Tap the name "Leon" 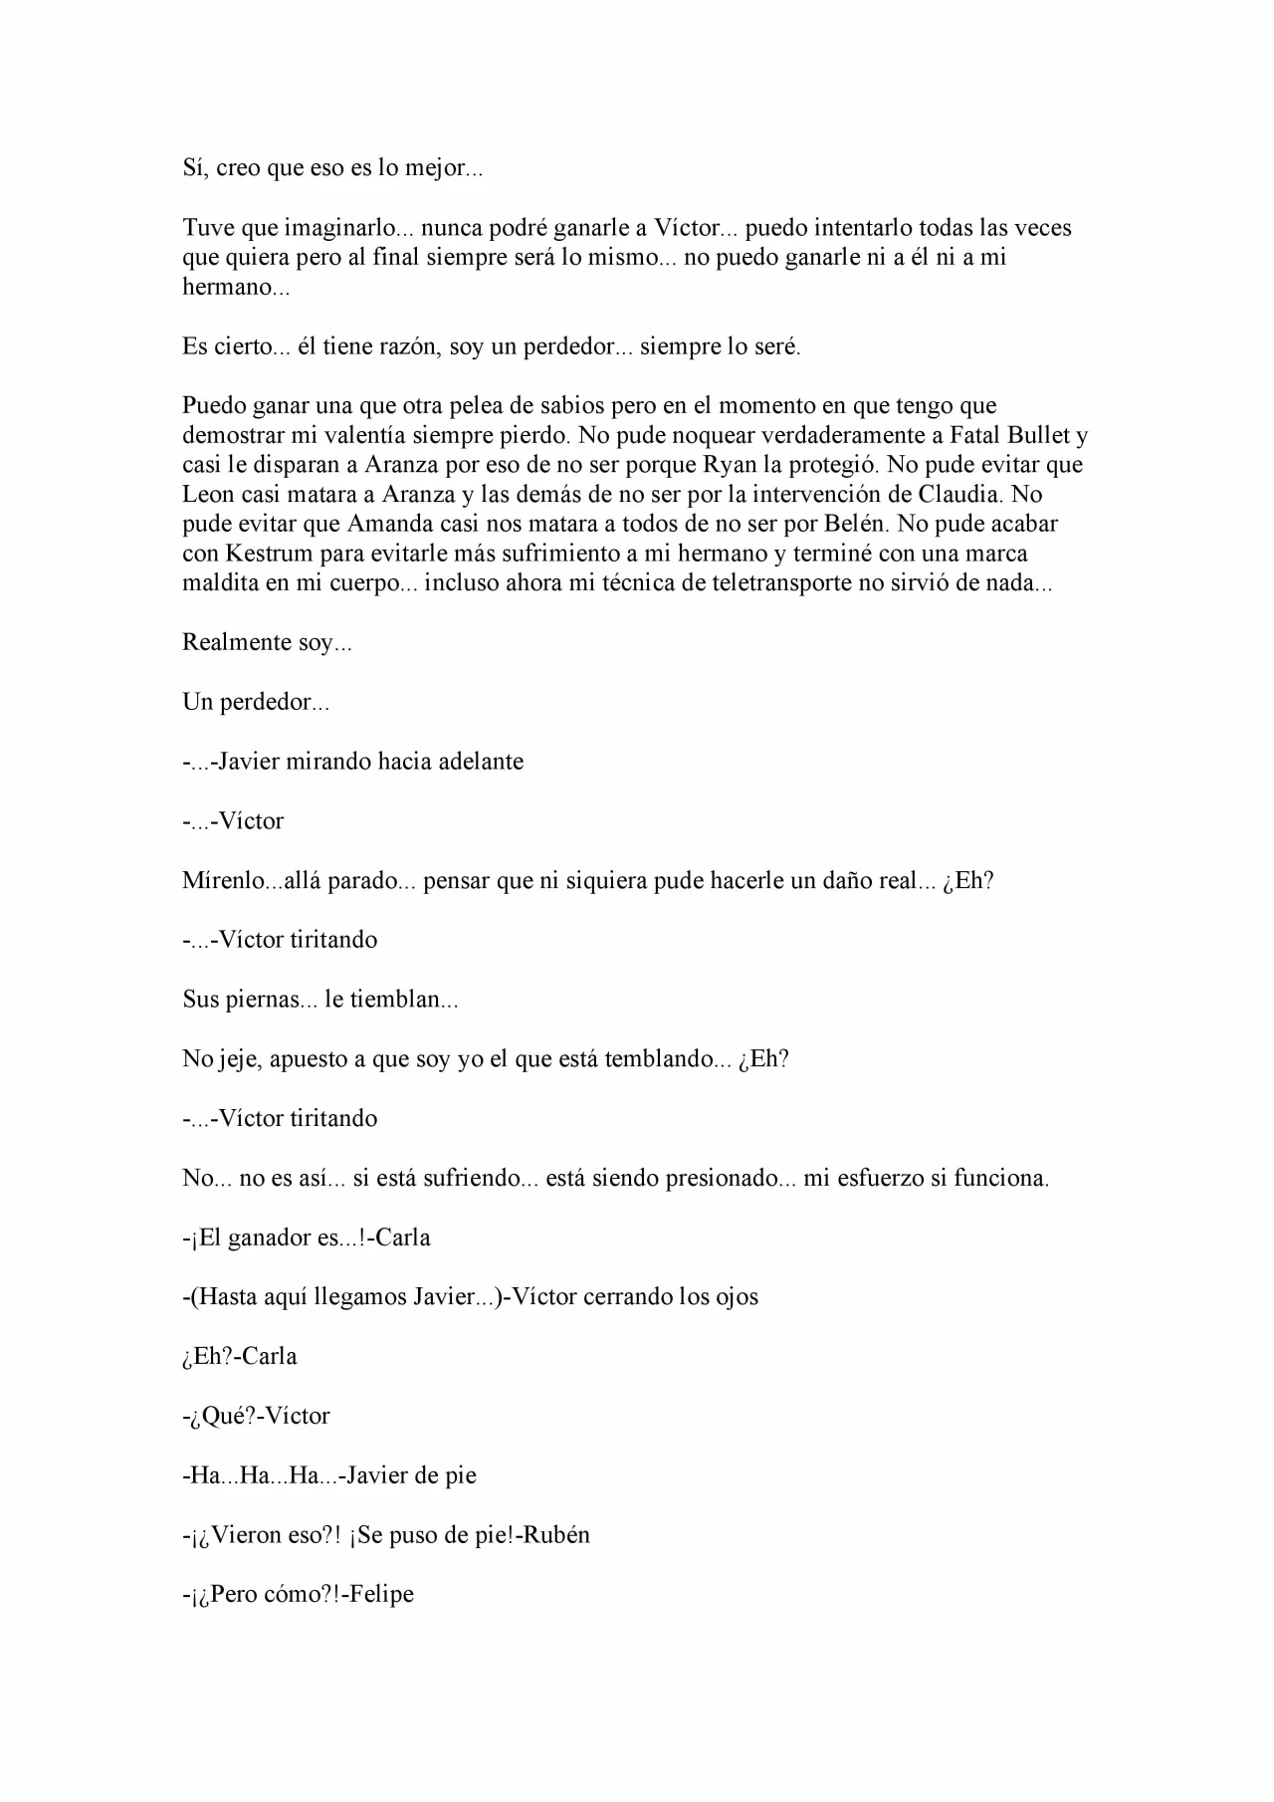(x=206, y=495)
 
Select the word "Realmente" (x=237, y=643)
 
